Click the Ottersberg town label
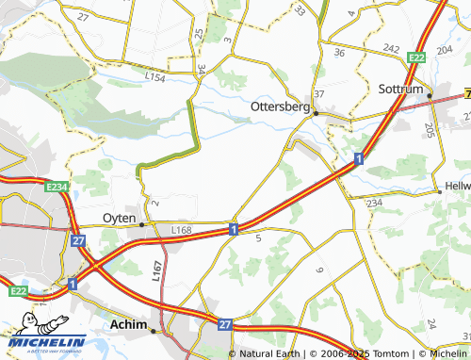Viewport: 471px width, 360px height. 280,106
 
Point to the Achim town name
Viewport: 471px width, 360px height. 130,325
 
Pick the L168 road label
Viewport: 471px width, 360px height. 181,228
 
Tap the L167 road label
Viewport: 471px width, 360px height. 156,272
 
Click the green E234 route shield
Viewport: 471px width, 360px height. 57,188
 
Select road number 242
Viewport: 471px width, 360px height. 392,47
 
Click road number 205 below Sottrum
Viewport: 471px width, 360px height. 430,130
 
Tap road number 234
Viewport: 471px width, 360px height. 374,203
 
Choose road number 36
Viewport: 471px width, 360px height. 339,53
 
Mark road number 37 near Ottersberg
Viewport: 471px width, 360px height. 319,94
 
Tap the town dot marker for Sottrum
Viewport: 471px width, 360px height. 428,95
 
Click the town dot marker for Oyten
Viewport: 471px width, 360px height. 142,224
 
